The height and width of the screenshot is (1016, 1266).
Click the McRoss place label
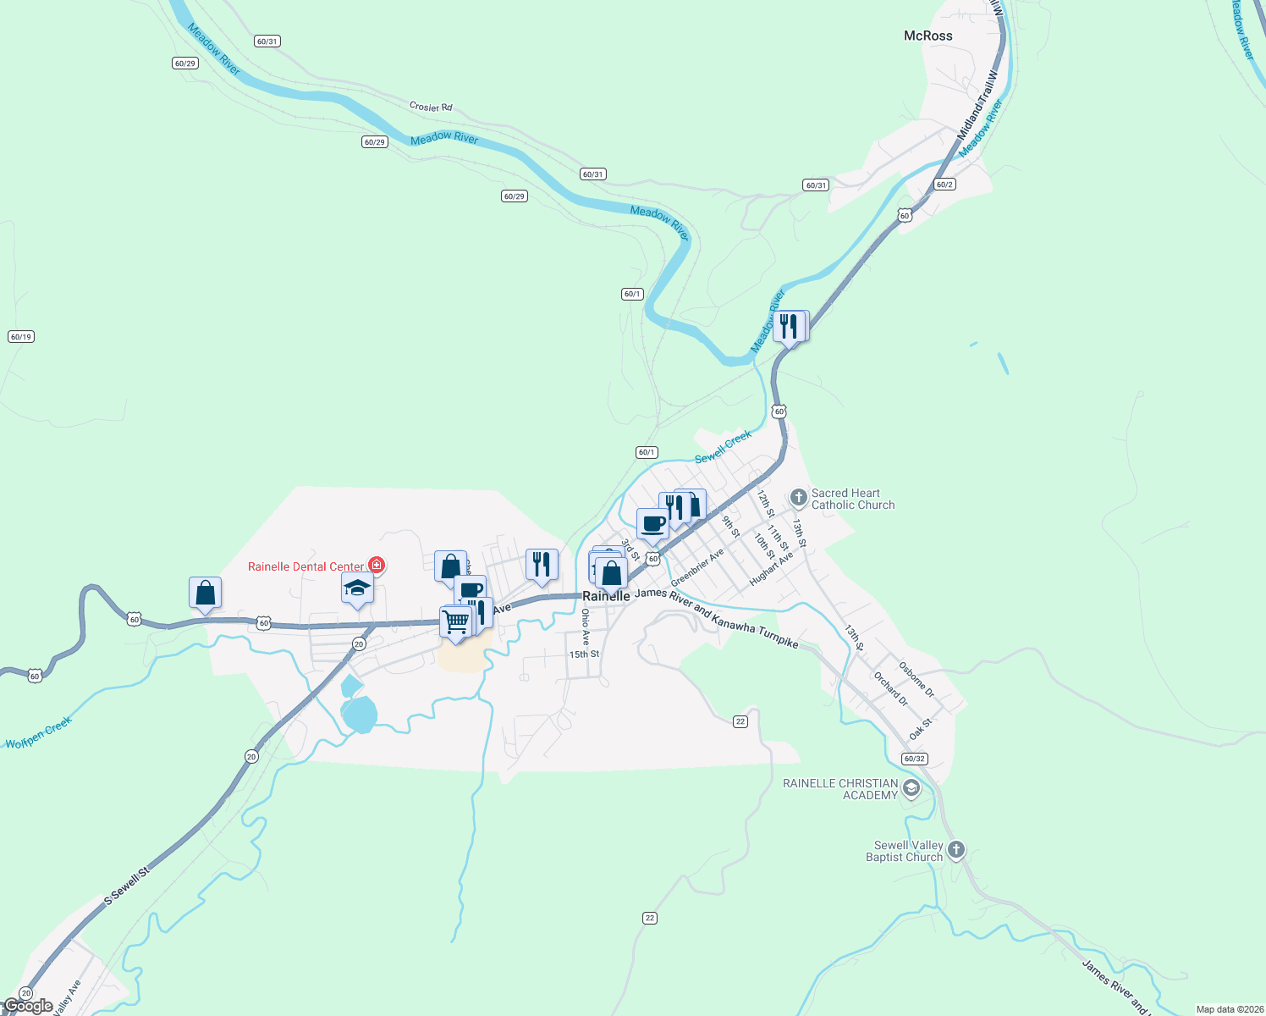(x=927, y=36)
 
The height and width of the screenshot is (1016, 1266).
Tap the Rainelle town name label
(x=606, y=596)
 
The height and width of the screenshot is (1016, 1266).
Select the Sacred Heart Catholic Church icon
(x=798, y=498)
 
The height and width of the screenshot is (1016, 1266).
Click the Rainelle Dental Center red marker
(x=377, y=565)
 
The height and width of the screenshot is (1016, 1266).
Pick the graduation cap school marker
(x=357, y=588)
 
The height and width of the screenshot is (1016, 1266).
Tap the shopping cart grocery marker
(x=455, y=622)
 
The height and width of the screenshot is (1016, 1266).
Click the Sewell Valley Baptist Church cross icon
(x=955, y=849)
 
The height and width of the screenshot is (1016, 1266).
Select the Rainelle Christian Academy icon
(x=911, y=789)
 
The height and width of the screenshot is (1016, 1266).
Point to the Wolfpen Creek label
(x=39, y=733)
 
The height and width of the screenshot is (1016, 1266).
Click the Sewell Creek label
(x=723, y=447)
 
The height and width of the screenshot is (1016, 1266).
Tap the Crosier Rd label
(x=431, y=107)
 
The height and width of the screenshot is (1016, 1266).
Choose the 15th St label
(x=584, y=654)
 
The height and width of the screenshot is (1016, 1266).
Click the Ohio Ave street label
(x=586, y=627)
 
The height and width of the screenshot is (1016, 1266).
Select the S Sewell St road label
(x=127, y=886)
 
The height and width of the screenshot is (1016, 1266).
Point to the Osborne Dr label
(x=916, y=679)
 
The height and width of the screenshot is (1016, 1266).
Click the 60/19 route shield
(x=20, y=337)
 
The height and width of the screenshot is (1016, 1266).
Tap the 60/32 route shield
(x=914, y=759)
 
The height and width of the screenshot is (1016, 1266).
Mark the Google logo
(x=29, y=1006)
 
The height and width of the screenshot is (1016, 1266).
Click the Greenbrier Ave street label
(x=697, y=567)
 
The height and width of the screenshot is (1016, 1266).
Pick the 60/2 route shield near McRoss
(x=944, y=185)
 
